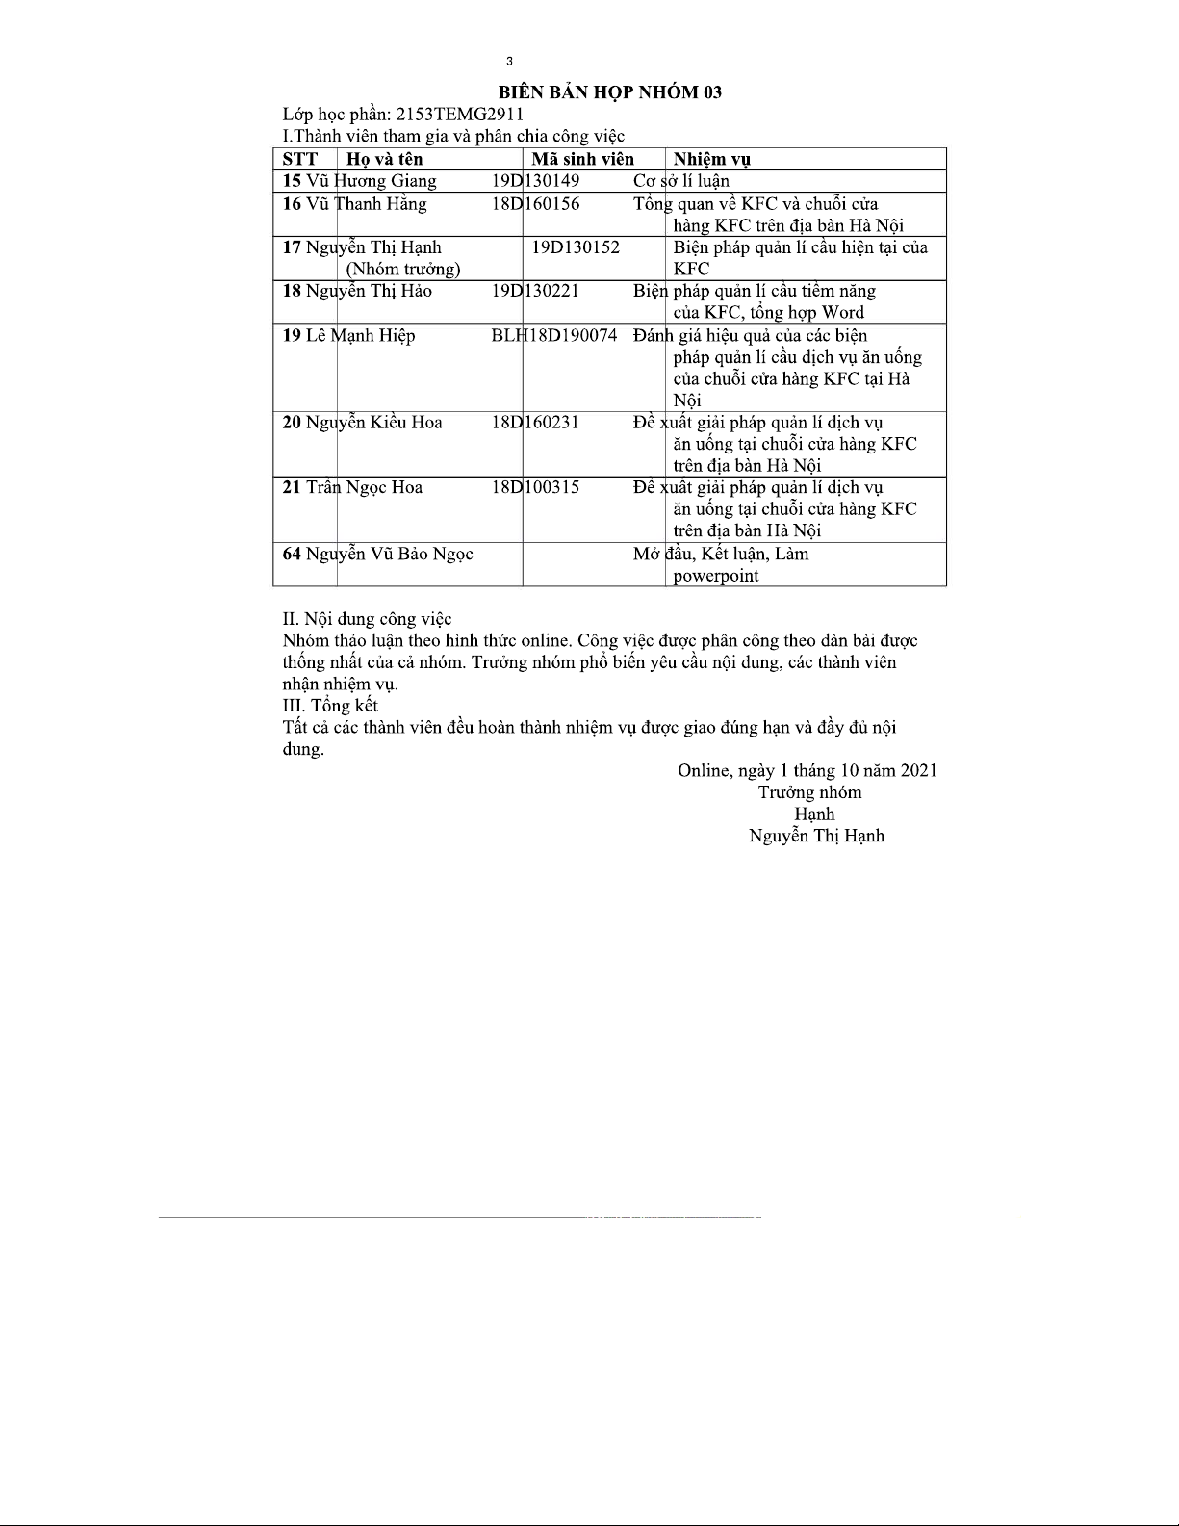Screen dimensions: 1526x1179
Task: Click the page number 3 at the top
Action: pyautogui.click(x=509, y=63)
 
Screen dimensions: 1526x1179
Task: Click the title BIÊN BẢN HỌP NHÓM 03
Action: pyautogui.click(x=609, y=92)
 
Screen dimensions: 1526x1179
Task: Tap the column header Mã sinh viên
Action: pyautogui.click(x=582, y=160)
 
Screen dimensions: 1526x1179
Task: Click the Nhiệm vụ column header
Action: pyautogui.click(x=711, y=160)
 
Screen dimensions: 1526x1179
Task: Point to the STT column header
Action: pyautogui.click(x=299, y=160)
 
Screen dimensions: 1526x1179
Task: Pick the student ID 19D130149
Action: pyautogui.click(x=535, y=181)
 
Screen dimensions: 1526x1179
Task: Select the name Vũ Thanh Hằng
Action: pyautogui.click(x=366, y=204)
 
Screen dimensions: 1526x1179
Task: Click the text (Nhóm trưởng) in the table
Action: pyautogui.click(x=403, y=269)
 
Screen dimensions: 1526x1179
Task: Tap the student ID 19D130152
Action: pyautogui.click(x=576, y=247)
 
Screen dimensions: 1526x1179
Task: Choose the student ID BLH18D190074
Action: pyautogui.click(x=553, y=336)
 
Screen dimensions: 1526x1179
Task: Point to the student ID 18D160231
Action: pyautogui.click(x=535, y=423)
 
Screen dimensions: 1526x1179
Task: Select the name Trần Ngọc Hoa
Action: pyautogui.click(x=364, y=487)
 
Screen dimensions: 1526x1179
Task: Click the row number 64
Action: pyautogui.click(x=292, y=554)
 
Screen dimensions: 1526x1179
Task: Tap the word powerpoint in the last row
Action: pyautogui.click(x=716, y=576)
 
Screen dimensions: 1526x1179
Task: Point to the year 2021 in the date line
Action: pyautogui.click(x=918, y=770)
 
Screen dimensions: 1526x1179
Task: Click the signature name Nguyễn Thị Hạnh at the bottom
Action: pyautogui.click(x=816, y=836)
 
